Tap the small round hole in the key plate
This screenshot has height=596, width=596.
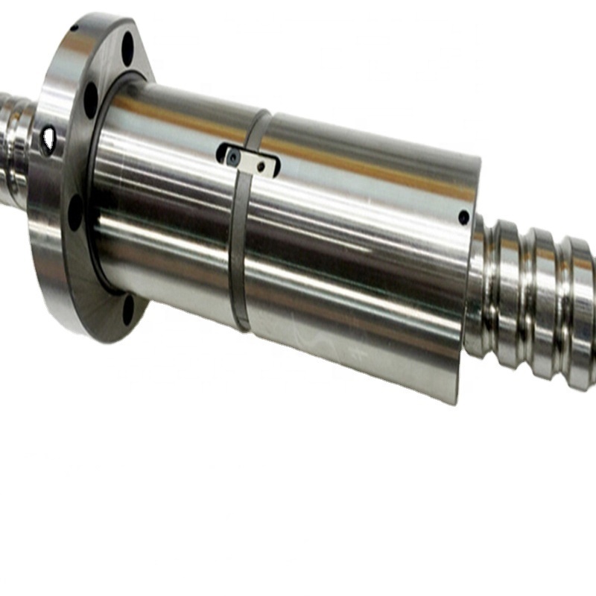260,167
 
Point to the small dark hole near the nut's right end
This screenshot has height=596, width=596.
463,218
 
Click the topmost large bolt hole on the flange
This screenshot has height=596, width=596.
127,46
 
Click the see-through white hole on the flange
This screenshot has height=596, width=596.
49,137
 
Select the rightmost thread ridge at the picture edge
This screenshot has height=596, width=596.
585,313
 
